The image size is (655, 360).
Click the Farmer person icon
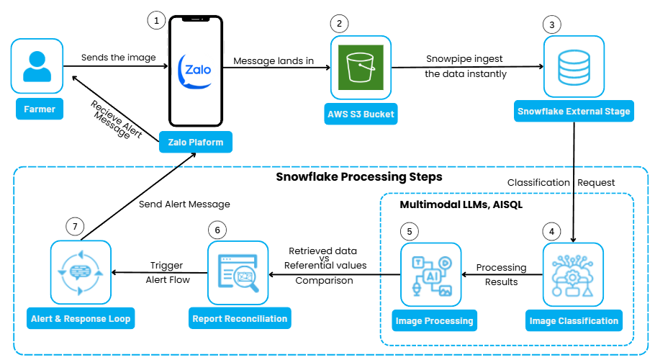point(37,68)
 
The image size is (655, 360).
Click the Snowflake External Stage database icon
point(573,68)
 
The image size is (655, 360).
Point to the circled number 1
point(156,20)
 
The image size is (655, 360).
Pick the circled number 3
point(552,24)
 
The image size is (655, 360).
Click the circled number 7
point(76,226)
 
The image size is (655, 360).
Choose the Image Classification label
point(574,321)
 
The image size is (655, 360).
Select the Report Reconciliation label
point(240,318)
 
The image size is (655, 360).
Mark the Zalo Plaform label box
point(196,142)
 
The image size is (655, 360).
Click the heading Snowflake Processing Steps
point(359,177)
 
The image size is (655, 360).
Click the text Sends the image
point(119,58)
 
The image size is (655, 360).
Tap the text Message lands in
point(273,61)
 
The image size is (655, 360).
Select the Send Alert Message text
point(184,204)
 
